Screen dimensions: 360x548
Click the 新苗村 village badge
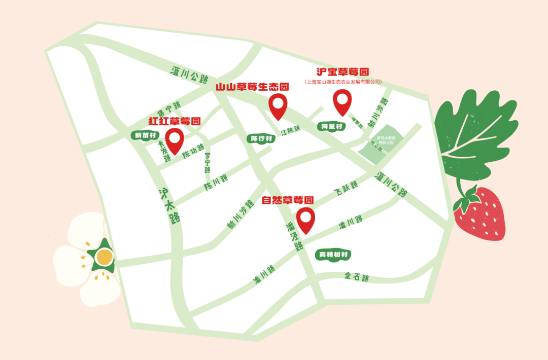coord(146,135)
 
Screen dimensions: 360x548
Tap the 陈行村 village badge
coord(262,138)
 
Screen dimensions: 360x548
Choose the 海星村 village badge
coord(332,126)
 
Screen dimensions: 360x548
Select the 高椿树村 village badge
coord(333,255)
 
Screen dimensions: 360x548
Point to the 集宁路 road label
coord(169,109)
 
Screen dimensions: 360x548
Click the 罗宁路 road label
coord(207,163)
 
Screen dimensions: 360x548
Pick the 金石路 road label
coord(357,277)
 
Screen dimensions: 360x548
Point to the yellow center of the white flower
coord(104,258)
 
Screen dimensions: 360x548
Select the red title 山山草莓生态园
coord(252,87)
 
